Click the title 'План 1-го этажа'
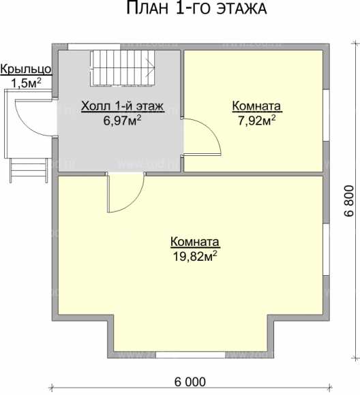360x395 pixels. (x=196, y=8)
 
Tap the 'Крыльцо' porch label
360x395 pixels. (x=26, y=69)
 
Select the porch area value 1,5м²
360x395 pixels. (x=26, y=83)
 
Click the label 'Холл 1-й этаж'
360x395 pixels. (x=123, y=106)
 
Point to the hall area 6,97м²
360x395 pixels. (x=122, y=121)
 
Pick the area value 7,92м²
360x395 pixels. (x=256, y=121)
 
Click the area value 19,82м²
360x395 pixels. (x=195, y=256)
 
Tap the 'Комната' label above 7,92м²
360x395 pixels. (x=256, y=106)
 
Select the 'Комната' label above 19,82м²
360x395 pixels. (x=195, y=242)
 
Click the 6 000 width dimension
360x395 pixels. (x=190, y=382)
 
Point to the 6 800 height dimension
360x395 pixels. (x=348, y=201)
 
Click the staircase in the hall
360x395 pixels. (x=122, y=68)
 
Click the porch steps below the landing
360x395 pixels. (x=29, y=170)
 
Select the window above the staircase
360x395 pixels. (x=94, y=47)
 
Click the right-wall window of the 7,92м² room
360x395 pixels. (x=327, y=115)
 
